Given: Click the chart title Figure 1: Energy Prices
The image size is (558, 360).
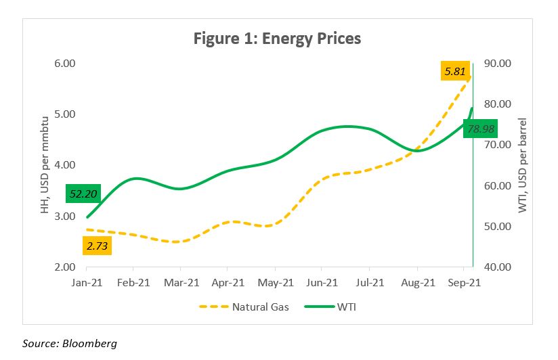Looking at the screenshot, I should point(277,39).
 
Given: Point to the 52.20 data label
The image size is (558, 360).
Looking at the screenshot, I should point(83,194).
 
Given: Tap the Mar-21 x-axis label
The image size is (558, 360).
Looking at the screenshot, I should point(181,282).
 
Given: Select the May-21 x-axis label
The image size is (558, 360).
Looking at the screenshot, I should point(275,282).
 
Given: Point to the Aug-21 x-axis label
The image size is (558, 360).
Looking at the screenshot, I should point(416,282).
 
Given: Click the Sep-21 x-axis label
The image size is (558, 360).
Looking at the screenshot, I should point(463,282).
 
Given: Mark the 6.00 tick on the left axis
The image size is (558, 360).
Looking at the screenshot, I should point(64,64).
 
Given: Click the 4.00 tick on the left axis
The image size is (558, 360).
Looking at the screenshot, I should point(64,165).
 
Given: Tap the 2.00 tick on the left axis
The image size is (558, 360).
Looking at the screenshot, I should point(64,267).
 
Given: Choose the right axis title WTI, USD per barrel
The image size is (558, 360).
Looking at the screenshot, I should point(523,166).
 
